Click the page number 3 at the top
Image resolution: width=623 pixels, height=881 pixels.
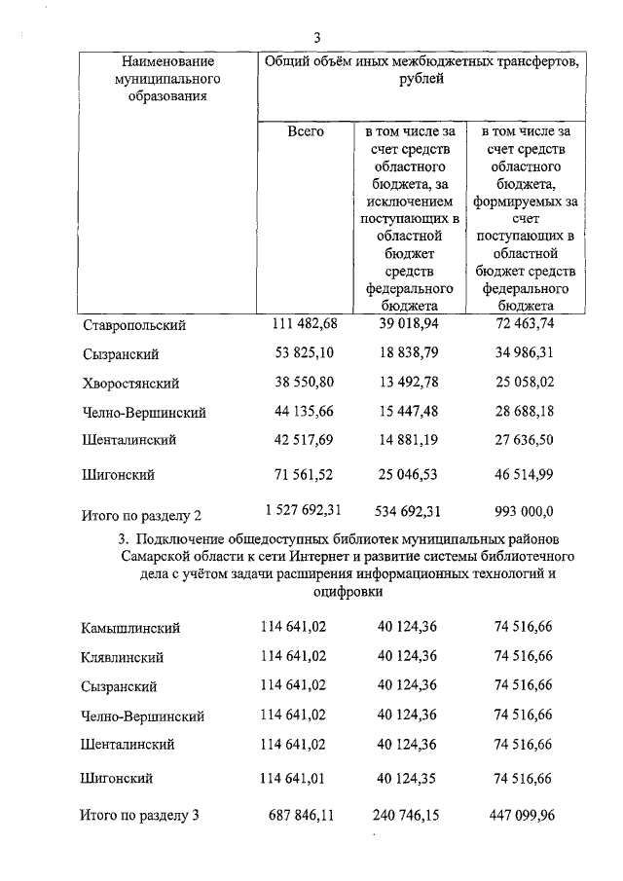[317, 37]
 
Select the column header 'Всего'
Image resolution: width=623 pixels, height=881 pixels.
[306, 130]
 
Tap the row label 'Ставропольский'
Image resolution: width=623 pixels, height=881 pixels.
[133, 324]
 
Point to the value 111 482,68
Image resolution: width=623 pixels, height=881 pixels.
[305, 323]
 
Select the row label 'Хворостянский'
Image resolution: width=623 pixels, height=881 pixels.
[131, 383]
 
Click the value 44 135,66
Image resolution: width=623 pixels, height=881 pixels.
[305, 411]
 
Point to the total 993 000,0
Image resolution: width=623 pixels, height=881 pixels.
[521, 509]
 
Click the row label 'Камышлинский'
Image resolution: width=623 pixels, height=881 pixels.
[130, 629]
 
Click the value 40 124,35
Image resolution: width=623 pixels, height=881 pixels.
[409, 778]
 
